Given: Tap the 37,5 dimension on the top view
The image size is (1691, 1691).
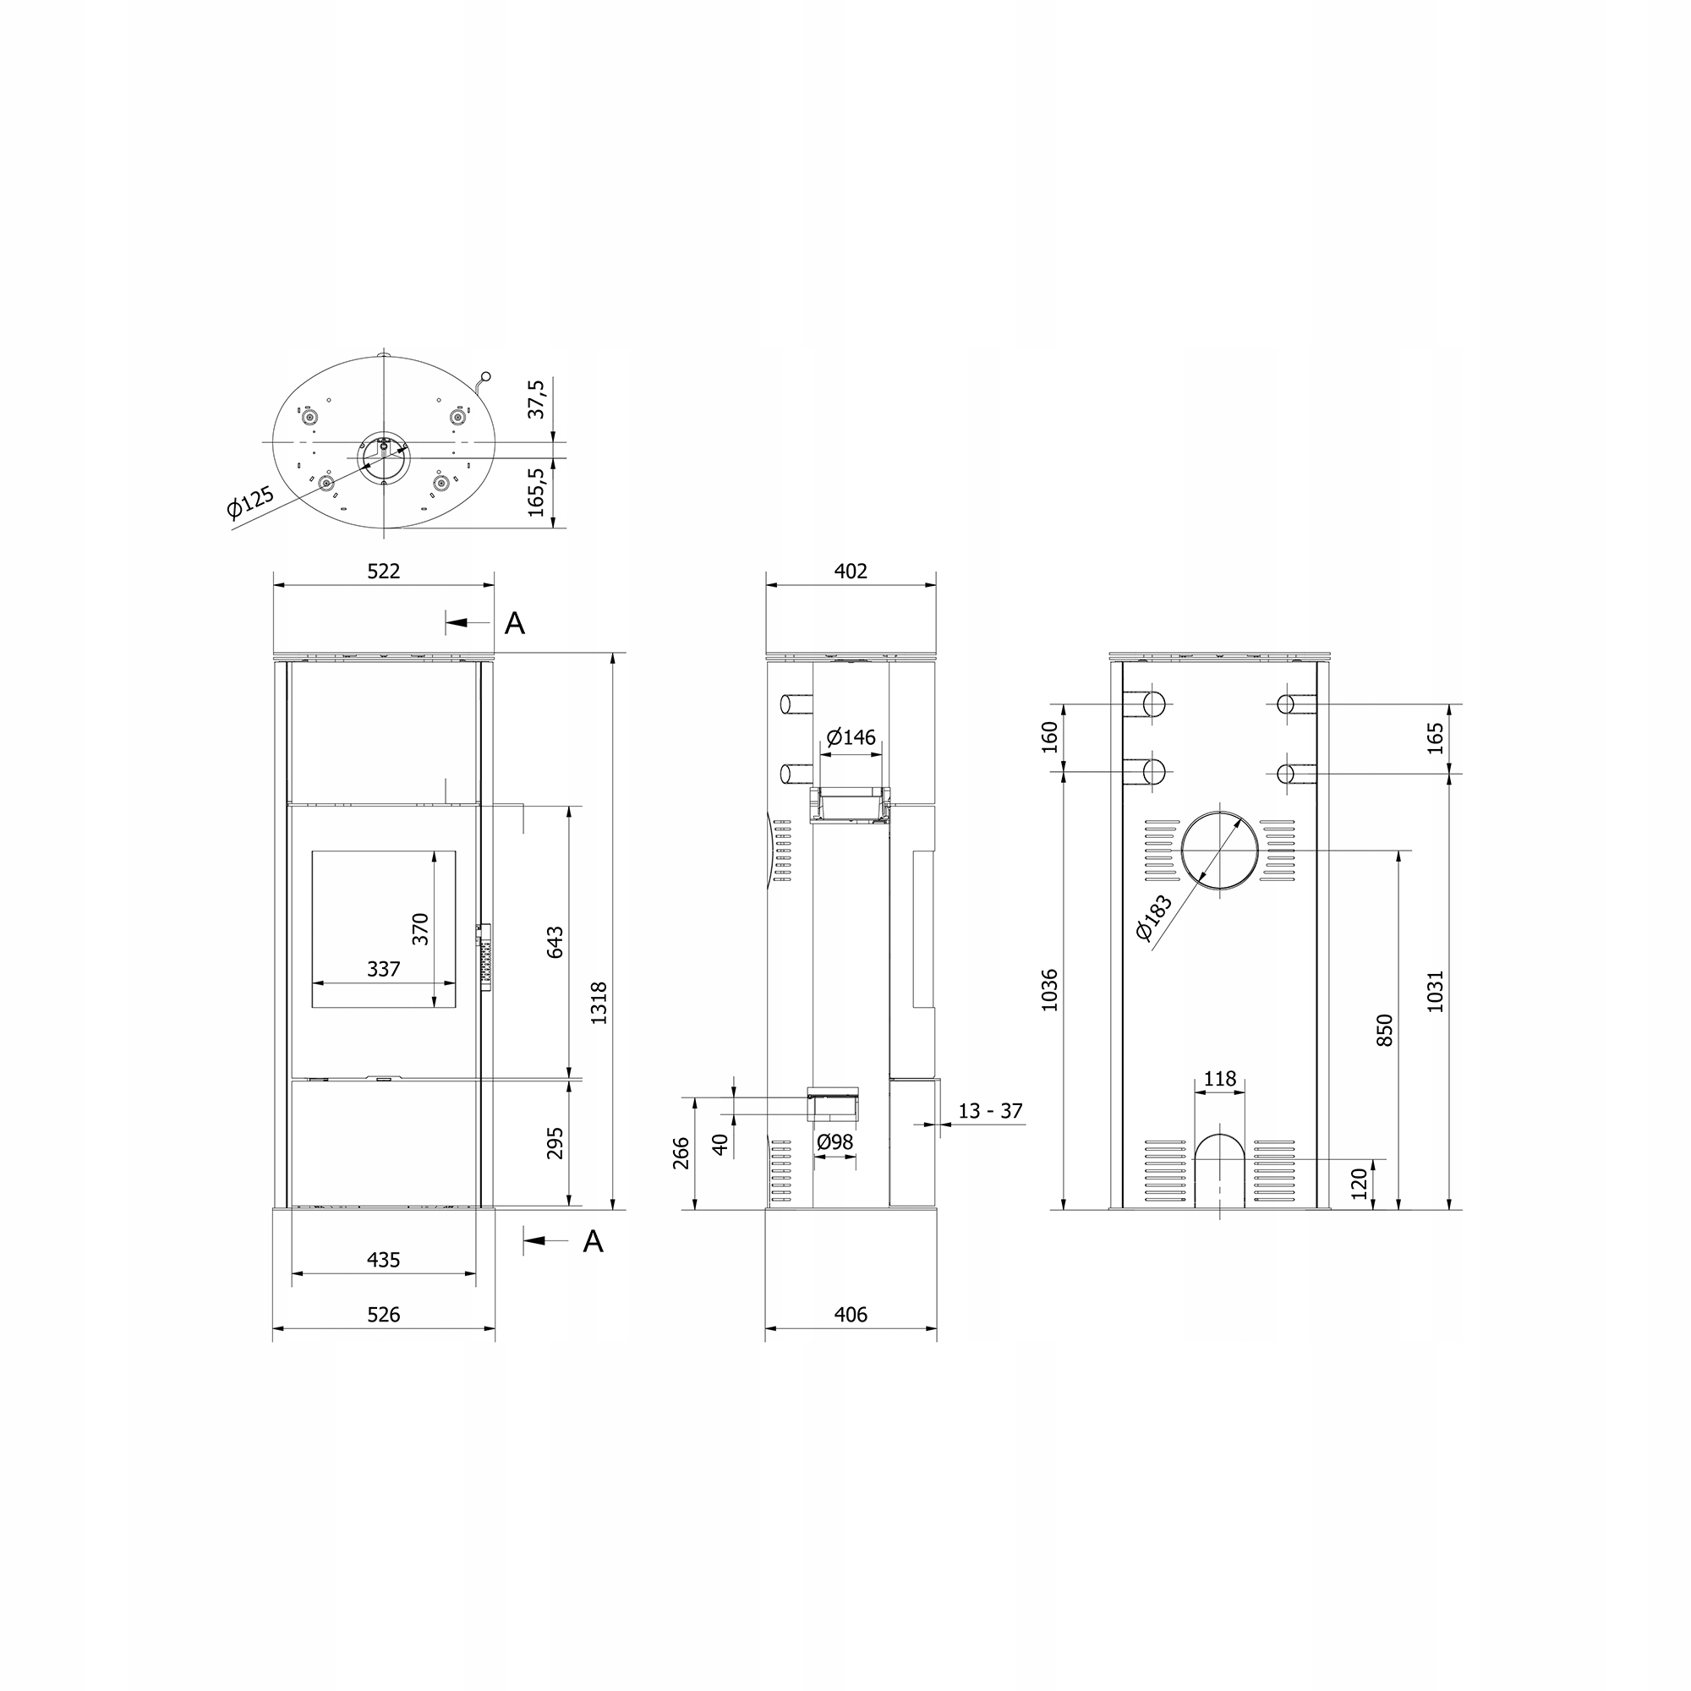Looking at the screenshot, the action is click(537, 399).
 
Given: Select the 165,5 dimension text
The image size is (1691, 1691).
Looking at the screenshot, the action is click(537, 492).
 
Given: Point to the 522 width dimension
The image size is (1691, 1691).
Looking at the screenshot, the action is click(383, 572).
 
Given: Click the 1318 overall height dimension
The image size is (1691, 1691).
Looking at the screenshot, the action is click(599, 1003).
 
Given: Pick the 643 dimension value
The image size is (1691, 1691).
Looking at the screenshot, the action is click(555, 942).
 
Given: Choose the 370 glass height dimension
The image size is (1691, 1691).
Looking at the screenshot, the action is click(421, 928).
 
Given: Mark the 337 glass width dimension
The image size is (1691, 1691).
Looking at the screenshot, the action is click(383, 969).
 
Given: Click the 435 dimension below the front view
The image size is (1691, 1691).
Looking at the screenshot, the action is click(383, 1260).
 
